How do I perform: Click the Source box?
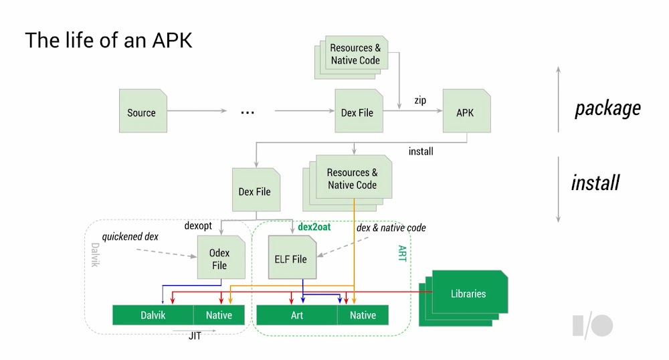point(141,112)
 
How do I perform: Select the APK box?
point(466,112)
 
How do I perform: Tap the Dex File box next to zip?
point(357,112)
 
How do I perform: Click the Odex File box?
point(219,259)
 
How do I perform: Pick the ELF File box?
point(291,259)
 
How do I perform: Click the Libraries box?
point(468,294)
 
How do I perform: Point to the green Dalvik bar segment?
point(153,315)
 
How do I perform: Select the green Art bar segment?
point(297,315)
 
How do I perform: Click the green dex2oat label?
point(314,228)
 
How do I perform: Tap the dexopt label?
point(198,226)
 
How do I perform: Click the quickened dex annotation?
point(130,237)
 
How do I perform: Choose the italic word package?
point(607,108)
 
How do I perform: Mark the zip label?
point(420,100)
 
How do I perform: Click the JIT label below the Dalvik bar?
point(195,336)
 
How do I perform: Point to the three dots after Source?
point(248,112)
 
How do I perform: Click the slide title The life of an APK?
point(108,40)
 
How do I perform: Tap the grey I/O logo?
point(592,325)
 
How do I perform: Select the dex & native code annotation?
point(391,228)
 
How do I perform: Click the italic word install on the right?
point(595,182)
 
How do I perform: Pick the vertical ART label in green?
point(402,252)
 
